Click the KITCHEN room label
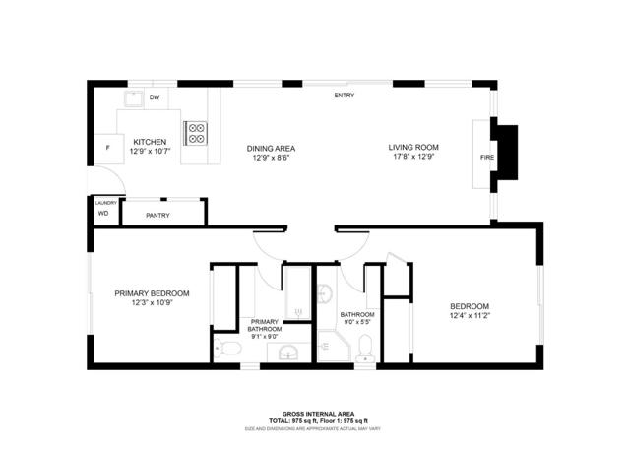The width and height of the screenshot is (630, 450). [150, 143]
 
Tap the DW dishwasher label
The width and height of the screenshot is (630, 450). [155, 97]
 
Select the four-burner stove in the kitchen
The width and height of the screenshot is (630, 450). [195, 132]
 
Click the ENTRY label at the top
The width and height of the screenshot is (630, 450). [345, 96]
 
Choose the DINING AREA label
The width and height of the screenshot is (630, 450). [271, 149]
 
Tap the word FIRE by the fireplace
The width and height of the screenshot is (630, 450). [486, 158]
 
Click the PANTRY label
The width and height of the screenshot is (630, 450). [157, 214]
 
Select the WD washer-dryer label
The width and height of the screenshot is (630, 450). [102, 213]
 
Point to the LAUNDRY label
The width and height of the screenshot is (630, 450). [105, 203]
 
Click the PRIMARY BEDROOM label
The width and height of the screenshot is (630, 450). [152, 293]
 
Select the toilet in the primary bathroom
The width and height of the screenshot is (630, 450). [227, 348]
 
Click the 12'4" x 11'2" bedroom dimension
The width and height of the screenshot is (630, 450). [470, 315]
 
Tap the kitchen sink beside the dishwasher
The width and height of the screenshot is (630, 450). [133, 99]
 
